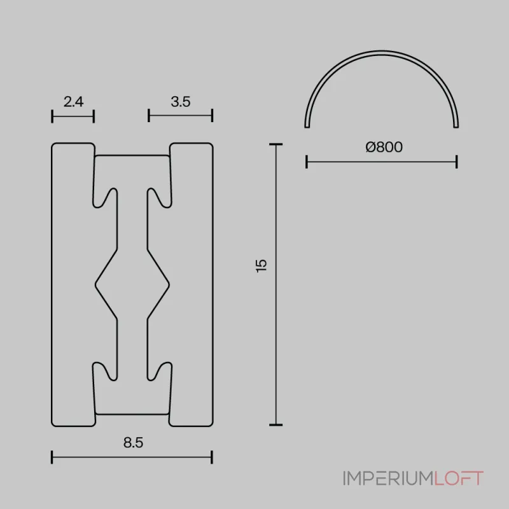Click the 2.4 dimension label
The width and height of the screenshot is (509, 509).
74,101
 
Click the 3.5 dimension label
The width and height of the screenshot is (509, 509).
181,101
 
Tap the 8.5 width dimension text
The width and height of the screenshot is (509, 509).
132,443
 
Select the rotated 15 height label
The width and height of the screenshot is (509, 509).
261,265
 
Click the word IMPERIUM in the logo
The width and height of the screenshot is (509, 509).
387,478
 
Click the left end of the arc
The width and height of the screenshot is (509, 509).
307,125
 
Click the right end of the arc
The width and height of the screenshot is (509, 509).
456,125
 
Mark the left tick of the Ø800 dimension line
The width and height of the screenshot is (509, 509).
307,162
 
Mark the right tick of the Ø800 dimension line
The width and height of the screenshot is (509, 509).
457,162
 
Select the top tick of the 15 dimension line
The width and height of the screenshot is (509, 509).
275,145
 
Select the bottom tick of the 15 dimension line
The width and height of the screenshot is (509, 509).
275,424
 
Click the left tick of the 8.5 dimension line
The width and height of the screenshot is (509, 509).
52,457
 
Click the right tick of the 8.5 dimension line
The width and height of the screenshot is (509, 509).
212,457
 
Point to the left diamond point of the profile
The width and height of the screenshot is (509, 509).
96,280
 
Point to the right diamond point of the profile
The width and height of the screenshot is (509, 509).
169,280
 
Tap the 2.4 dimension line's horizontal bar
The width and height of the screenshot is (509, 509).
73,116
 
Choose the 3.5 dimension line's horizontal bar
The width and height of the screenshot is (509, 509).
180,116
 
